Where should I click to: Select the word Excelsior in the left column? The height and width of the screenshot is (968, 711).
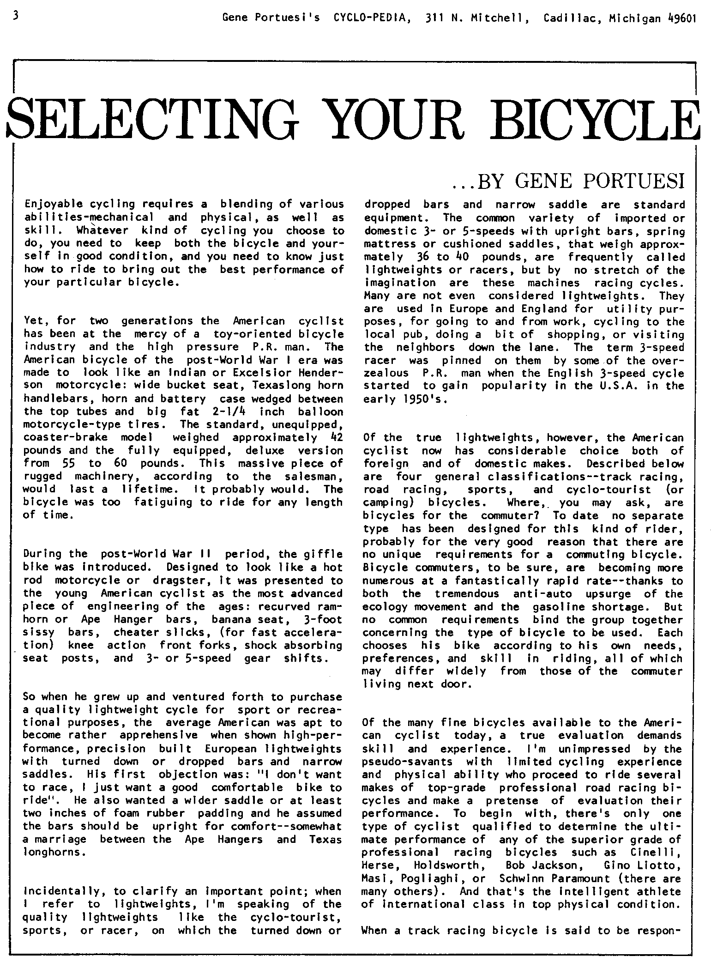click(x=259, y=372)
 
